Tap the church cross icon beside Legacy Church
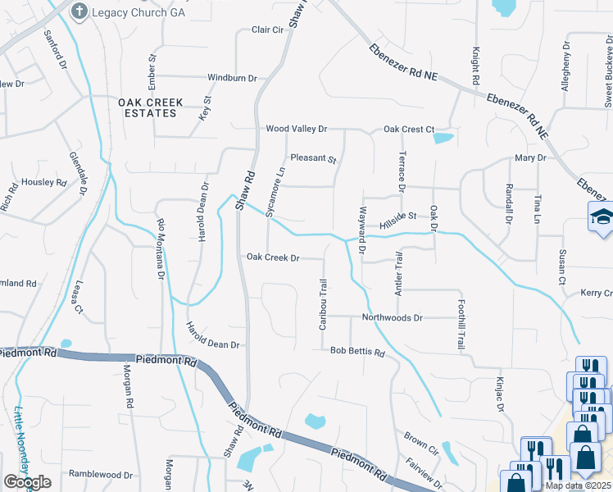click(x=79, y=11)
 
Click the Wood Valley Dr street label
click(x=296, y=130)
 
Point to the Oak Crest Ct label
click(x=408, y=130)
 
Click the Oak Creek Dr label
click(x=273, y=257)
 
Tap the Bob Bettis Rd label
click(x=357, y=352)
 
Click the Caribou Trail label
click(x=324, y=304)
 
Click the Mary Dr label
click(x=530, y=157)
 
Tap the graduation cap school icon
click(x=602, y=217)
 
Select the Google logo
click(x=27, y=482)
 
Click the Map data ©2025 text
click(x=578, y=485)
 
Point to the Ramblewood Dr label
click(x=101, y=475)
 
